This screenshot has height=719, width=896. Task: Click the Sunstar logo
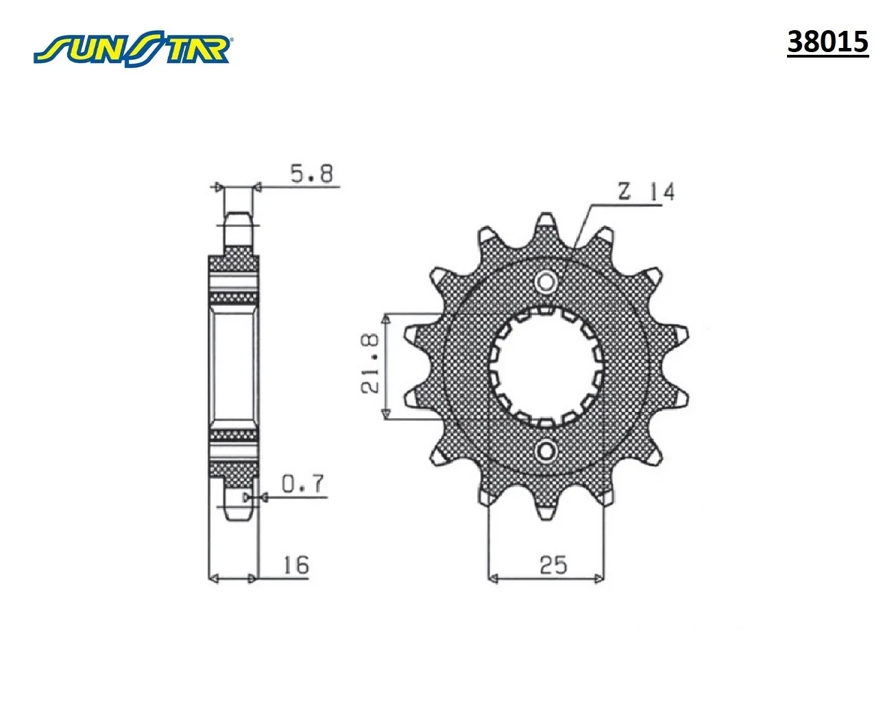(132, 48)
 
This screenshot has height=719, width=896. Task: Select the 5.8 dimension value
(312, 173)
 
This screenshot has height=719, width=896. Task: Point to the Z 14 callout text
(646, 191)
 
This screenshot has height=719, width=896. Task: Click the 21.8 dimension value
(370, 363)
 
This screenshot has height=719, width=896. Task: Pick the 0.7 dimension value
(303, 484)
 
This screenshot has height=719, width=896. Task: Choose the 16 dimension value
(296, 565)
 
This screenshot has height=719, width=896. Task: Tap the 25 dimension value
(553, 565)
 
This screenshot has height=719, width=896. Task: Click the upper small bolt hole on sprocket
(546, 282)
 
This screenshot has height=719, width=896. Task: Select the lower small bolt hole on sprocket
(546, 451)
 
